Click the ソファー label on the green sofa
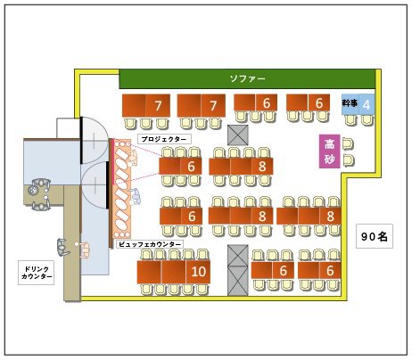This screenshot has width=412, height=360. (x=247, y=78)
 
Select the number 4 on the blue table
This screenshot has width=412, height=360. (x=367, y=105)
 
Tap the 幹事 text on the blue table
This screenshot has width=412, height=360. (x=350, y=103)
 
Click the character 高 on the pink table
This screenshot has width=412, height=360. (x=329, y=144)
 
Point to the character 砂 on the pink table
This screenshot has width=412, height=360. (x=329, y=159)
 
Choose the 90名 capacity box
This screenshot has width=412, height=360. (x=375, y=236)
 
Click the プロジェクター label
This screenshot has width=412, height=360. (x=164, y=139)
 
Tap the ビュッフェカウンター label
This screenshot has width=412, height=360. (x=150, y=244)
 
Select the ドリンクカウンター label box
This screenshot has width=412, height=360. (x=37, y=273)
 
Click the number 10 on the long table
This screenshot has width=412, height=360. (x=198, y=272)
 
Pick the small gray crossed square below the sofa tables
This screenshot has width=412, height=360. (x=238, y=135)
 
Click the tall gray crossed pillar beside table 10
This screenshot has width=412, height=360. (x=238, y=270)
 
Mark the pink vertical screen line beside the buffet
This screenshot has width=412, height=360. (x=113, y=162)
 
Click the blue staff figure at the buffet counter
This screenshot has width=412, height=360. (x=136, y=197)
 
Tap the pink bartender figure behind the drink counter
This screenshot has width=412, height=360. (x=84, y=250)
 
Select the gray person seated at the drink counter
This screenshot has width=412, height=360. (x=63, y=247)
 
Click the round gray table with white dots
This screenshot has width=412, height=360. (x=32, y=190)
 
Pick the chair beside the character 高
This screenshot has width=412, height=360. (x=348, y=144)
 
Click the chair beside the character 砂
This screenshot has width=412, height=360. (x=349, y=160)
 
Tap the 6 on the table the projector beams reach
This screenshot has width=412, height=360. (x=191, y=167)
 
